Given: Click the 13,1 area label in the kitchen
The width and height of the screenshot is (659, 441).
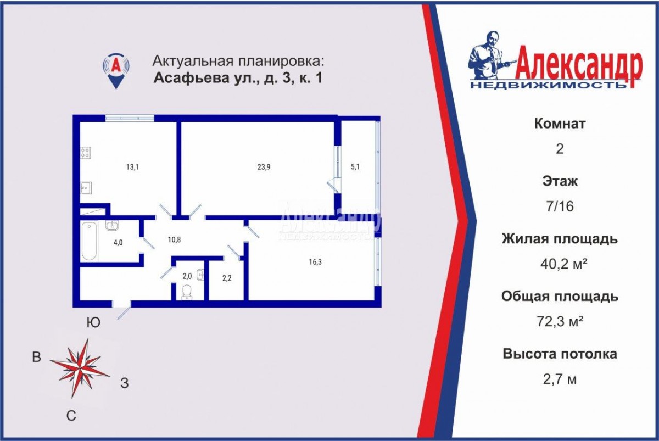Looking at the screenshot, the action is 132,167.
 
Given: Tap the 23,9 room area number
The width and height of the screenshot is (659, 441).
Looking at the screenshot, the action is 264,167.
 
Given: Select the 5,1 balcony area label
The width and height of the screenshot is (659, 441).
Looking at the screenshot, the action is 355,167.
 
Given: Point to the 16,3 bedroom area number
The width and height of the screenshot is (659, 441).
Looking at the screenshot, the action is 315,262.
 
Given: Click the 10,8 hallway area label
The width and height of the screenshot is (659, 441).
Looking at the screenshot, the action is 174,240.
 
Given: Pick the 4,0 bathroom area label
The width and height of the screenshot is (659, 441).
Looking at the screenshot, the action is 118,243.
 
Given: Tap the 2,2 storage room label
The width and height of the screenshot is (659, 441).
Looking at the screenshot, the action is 227,278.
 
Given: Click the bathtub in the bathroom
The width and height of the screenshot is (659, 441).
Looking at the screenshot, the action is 89,241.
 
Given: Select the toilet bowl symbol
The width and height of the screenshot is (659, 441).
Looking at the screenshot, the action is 187,292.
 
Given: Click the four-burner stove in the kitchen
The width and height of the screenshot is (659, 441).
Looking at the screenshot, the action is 85,153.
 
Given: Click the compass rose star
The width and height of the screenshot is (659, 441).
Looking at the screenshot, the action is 80,369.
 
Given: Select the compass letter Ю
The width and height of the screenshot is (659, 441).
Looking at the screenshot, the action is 93,323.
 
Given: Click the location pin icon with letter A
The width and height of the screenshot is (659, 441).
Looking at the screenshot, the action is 116,71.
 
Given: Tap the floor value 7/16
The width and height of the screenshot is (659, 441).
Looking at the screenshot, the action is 560,206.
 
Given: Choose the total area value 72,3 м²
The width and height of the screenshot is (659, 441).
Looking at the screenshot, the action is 560,321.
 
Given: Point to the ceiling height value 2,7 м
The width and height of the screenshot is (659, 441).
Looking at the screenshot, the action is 560,379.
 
